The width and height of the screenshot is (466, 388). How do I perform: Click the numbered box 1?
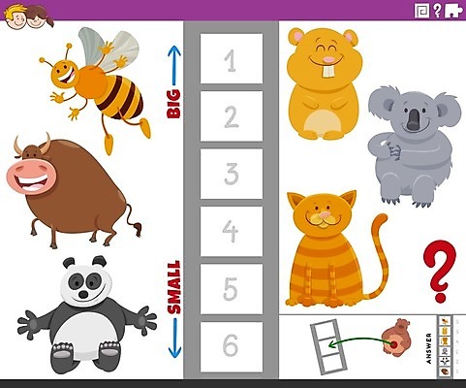232,58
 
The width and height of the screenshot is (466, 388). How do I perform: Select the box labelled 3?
232,174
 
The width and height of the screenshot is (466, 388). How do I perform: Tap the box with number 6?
232,346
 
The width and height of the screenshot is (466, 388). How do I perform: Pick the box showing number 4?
232,231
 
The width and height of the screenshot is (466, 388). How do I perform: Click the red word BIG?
173,104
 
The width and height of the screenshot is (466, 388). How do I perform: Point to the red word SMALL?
174,287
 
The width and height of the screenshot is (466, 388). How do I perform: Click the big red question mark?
440,271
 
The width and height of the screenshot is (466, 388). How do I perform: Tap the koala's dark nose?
413,119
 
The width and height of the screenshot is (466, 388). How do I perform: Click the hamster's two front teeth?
328,72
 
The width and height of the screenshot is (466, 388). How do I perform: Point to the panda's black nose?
83,295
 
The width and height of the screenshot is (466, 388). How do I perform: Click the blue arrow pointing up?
173,66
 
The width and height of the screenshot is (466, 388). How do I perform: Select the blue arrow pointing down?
174,339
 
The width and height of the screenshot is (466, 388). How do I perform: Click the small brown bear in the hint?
396,337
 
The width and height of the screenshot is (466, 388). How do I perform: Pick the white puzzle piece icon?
453,11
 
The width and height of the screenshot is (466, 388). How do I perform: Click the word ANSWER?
428,348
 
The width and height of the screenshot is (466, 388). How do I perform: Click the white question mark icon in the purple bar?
437,11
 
